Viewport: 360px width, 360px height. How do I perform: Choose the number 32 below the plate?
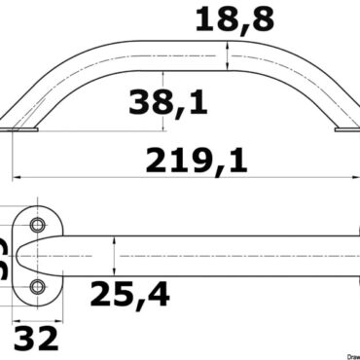[35, 339]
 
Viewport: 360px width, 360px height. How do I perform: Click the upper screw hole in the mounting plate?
[38, 226]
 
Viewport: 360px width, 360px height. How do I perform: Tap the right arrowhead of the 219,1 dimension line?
[351, 178]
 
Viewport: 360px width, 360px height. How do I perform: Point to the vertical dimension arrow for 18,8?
[228, 56]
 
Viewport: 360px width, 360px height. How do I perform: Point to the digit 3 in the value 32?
[24, 339]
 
